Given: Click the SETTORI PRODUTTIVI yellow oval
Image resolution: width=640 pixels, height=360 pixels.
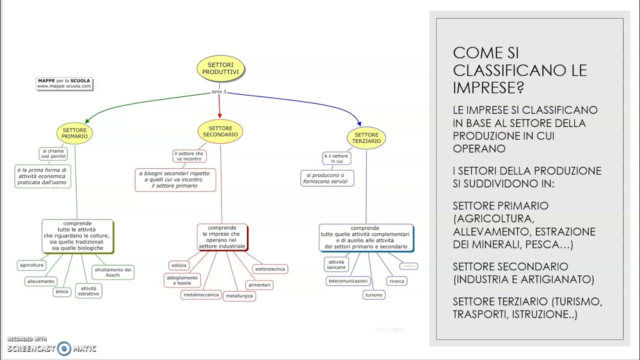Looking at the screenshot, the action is tap(220, 68).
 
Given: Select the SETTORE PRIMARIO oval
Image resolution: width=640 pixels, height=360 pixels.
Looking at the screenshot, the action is tap(74, 133).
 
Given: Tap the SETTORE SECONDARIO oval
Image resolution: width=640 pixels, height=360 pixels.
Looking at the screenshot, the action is tap(220, 131).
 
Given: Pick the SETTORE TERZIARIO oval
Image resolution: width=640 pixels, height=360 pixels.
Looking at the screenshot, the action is tap(366, 138).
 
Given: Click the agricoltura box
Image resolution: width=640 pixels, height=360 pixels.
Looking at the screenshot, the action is tap(31, 265).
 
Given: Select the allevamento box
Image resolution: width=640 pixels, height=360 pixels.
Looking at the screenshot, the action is tap(41, 281).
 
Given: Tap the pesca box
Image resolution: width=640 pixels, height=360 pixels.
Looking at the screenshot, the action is tap(61, 291).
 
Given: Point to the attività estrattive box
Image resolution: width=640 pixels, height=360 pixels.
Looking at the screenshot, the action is tap(88, 291).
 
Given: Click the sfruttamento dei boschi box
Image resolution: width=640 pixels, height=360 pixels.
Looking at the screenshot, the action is tap(113, 272).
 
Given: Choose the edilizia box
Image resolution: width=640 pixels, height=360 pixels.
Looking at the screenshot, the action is tap(179, 265).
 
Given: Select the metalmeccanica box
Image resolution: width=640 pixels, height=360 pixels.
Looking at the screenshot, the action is tap(201, 295).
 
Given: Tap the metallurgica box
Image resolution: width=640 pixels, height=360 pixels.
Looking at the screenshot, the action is tap(239, 296).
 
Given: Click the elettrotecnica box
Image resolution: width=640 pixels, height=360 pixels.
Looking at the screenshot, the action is tap(270, 269).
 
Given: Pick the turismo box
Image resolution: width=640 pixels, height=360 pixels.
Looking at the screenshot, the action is tap(373, 295).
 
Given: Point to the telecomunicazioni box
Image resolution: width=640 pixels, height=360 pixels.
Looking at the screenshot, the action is tap(348, 281).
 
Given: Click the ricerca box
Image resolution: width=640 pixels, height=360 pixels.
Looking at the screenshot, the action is tap(396, 281).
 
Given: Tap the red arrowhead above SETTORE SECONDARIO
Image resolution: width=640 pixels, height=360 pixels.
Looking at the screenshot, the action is tap(219, 115).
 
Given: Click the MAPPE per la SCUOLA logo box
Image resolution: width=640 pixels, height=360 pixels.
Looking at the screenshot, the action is tap(64, 83).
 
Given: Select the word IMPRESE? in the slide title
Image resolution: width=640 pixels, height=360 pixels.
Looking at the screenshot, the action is tap(488, 87).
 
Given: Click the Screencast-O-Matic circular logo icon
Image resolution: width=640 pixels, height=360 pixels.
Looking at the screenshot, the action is tap(64, 348).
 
